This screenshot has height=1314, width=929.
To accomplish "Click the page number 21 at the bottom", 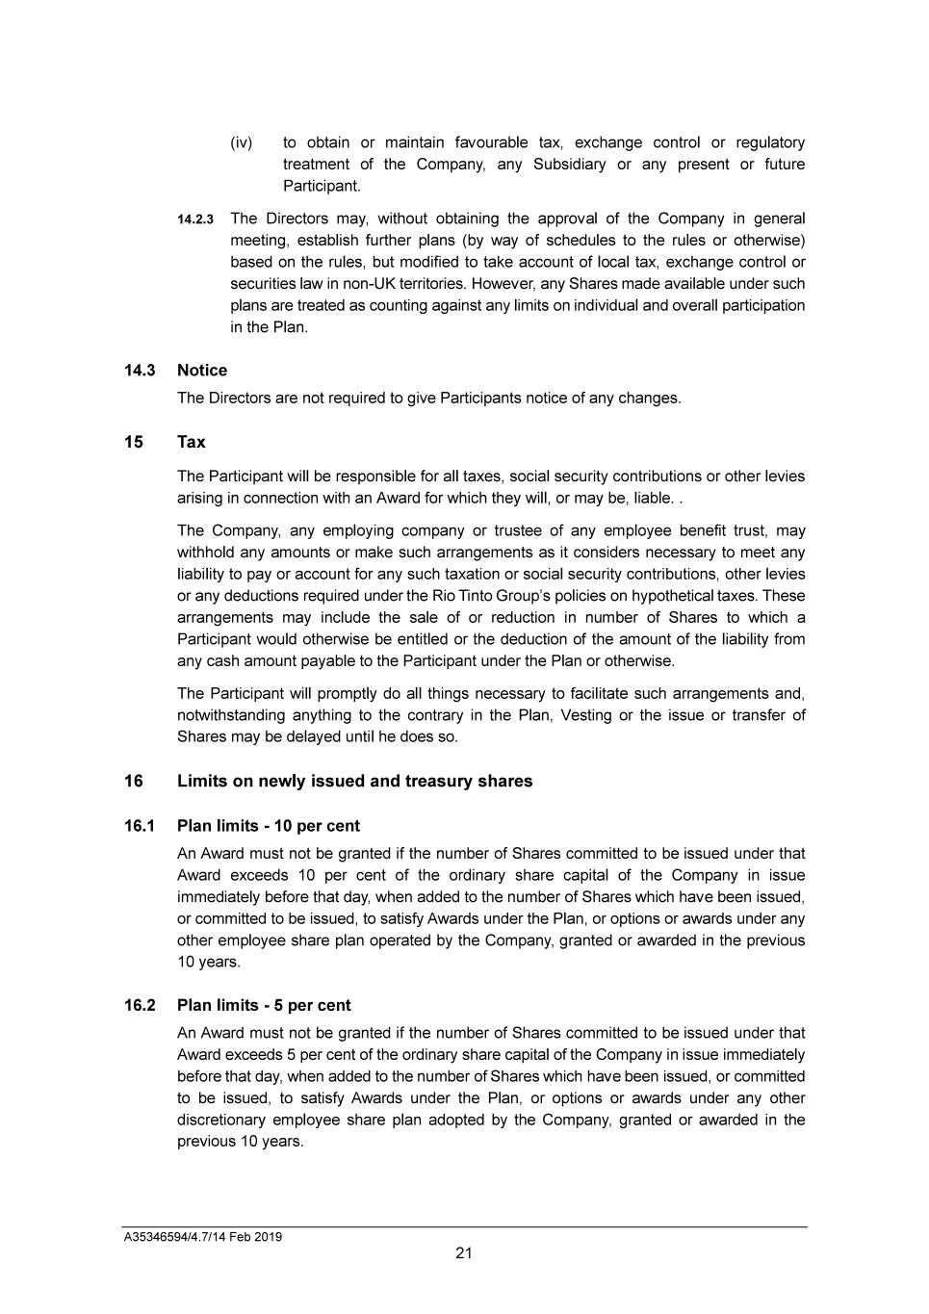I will click(464, 1252).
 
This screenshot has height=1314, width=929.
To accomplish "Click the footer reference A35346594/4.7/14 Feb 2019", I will click(202, 1237).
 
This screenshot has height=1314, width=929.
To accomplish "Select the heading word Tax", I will click(192, 442).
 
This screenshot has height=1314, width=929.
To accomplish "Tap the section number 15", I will click(133, 442).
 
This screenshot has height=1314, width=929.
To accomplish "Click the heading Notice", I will click(202, 371).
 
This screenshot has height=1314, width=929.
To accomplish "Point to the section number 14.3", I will click(140, 371).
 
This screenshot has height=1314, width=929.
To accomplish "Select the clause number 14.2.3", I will click(195, 220).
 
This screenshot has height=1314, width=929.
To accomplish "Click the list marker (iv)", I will click(242, 143).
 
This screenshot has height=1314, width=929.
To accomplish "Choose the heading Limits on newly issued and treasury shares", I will click(354, 781).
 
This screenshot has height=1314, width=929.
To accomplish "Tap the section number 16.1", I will click(140, 826).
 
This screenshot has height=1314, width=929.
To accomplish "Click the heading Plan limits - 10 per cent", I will click(269, 826).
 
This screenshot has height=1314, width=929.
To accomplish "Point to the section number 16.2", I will click(140, 1005).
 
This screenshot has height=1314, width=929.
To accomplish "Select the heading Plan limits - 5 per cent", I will click(264, 1005).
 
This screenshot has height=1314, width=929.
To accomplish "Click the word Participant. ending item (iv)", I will click(322, 186).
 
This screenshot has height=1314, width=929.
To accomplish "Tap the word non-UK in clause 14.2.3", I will click(371, 284).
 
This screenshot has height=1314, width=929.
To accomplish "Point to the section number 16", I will click(133, 781).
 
